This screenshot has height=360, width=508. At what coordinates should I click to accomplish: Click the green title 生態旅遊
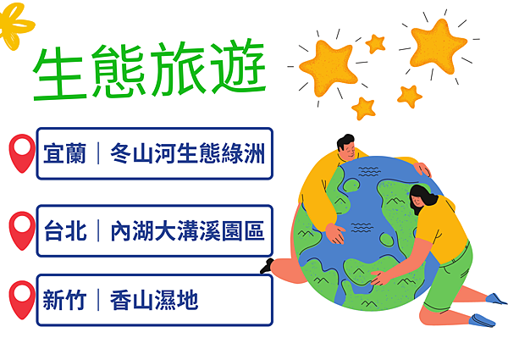[150, 69]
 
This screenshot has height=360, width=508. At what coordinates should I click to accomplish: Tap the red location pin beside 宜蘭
[22, 153]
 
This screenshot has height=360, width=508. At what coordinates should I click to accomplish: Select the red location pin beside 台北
[22, 230]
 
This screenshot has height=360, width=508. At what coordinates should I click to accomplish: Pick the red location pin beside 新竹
[22, 300]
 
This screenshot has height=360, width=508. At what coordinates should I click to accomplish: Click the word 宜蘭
[65, 153]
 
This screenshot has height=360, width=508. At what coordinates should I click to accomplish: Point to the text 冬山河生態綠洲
[188, 153]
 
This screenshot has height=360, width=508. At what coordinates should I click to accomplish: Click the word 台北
[65, 230]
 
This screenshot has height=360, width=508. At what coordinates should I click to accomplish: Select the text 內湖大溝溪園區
[188, 230]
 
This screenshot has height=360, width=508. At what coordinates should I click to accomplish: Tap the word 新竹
[65, 300]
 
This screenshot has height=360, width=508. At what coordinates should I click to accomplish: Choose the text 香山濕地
[154, 300]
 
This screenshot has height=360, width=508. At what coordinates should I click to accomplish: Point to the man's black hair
[345, 141]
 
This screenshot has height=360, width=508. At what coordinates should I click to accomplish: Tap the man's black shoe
[267, 266]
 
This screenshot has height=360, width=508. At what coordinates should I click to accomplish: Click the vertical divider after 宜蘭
[98, 153]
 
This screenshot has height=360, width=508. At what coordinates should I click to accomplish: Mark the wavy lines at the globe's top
[369, 172]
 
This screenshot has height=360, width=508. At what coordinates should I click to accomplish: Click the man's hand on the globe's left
[335, 233]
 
